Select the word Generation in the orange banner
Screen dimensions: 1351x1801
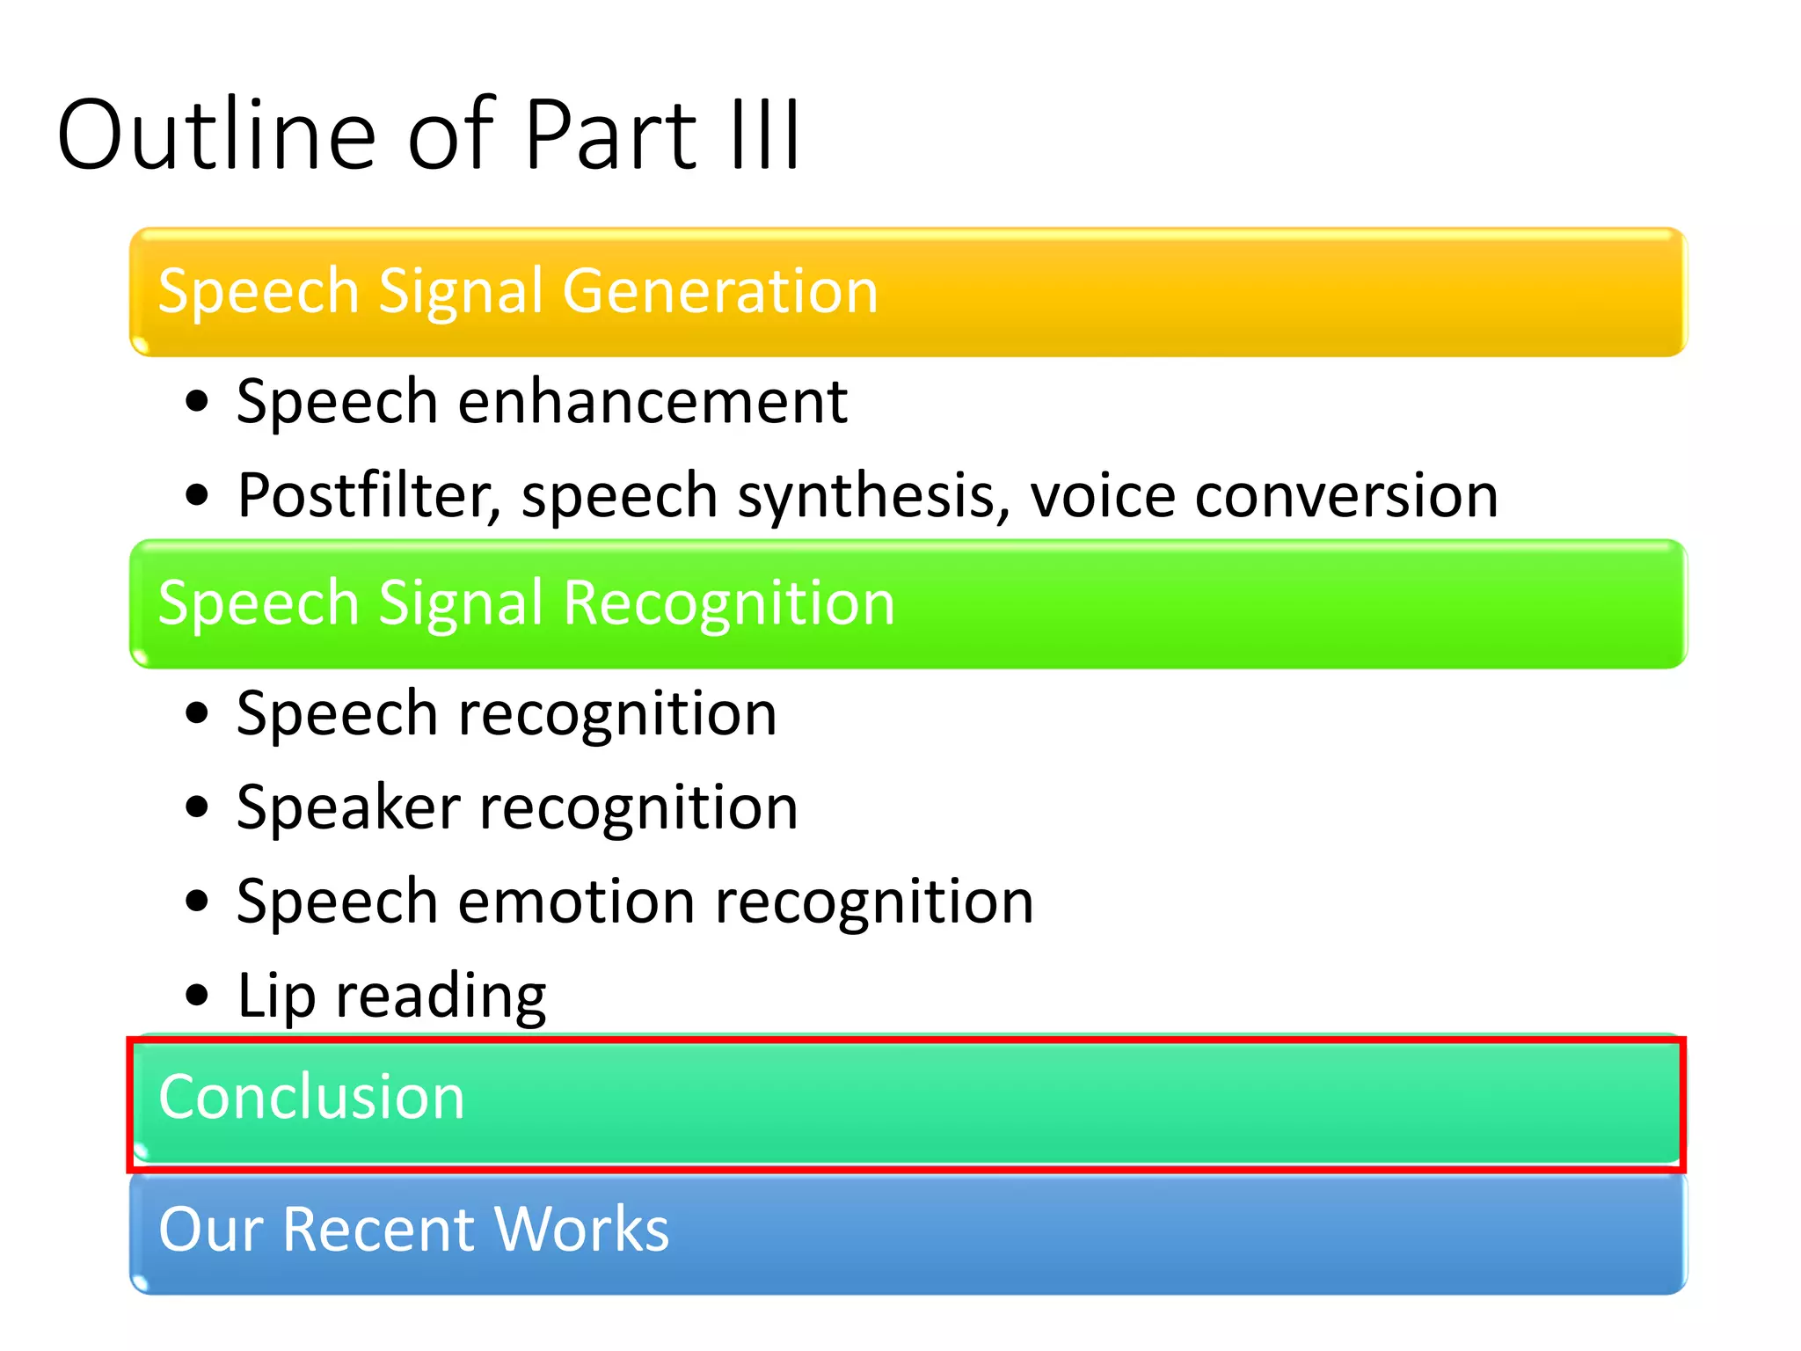pos(720,291)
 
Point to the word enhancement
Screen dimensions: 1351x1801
pos(653,402)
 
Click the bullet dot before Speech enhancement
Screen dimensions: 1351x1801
pos(198,402)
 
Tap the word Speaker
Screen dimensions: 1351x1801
pos(348,807)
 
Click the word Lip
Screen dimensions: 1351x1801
pos(276,997)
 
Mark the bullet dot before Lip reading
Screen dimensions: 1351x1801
pos(198,996)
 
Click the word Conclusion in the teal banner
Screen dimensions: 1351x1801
pos(311,1098)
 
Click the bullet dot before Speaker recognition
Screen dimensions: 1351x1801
pos(198,807)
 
